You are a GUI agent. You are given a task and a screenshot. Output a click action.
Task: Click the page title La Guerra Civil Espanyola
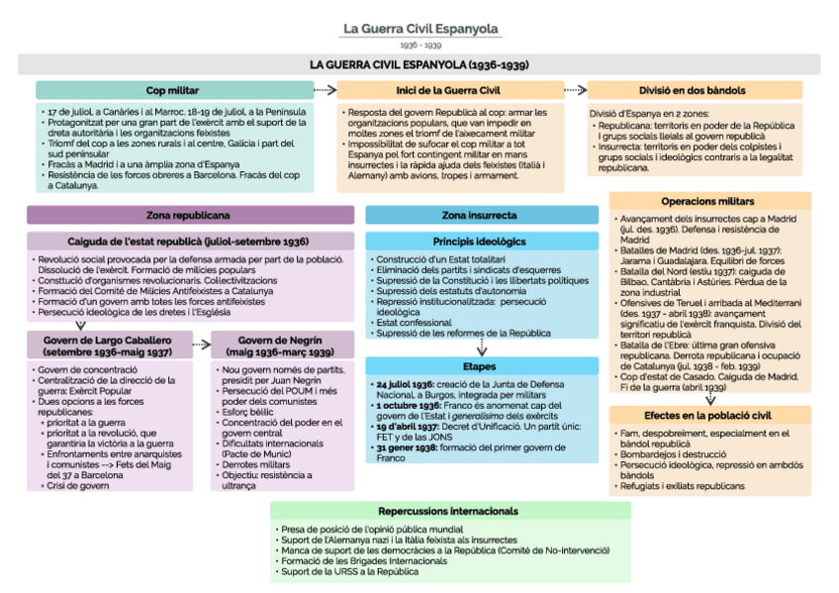420,30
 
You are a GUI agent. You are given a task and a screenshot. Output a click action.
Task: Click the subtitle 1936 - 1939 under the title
420,46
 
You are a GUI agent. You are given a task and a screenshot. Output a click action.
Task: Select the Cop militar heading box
172,90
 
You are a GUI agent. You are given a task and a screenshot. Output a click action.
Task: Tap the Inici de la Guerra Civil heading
450,90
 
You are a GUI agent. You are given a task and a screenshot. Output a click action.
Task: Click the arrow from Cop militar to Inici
324,90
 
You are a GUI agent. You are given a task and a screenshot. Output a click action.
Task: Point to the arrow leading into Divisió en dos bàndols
575,90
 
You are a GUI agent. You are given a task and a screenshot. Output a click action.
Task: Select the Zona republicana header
189,215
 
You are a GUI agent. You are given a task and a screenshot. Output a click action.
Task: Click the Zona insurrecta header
480,215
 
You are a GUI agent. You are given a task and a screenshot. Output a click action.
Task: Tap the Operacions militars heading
708,201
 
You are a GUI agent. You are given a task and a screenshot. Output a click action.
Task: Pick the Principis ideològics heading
480,242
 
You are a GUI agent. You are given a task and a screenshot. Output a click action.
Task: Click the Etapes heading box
480,365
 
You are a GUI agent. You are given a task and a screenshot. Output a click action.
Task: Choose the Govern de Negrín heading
280,345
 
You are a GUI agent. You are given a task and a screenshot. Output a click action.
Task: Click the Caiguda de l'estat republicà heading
189,242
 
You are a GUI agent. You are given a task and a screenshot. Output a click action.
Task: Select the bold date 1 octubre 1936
408,407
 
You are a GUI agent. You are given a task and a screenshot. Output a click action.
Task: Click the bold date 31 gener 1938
405,447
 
